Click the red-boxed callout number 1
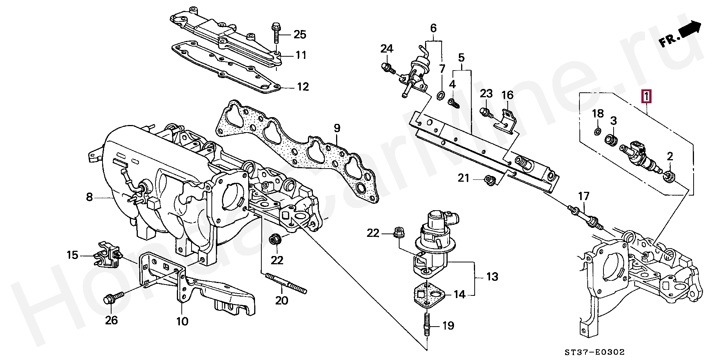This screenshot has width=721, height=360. coord(646,97)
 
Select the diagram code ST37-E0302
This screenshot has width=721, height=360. coord(594,352)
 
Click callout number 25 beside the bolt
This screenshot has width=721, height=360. coord(300,35)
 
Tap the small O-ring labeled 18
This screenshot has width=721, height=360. coord(597,131)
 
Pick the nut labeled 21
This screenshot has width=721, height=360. coord(489,181)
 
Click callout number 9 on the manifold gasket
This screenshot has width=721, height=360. coord(337,128)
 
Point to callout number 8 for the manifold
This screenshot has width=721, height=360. coord(89,196)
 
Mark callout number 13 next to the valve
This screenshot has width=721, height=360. coord(492,277)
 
